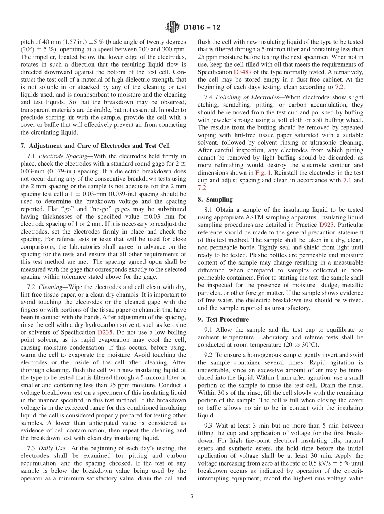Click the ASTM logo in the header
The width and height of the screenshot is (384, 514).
point(173,28)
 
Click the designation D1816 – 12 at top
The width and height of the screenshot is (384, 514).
point(202,28)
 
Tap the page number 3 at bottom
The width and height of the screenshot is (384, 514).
point(192,497)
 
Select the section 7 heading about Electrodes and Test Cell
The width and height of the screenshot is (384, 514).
point(95,145)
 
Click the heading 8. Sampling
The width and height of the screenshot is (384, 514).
point(215,199)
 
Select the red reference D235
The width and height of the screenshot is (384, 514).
point(105,332)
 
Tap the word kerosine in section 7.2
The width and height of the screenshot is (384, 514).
point(175,325)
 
